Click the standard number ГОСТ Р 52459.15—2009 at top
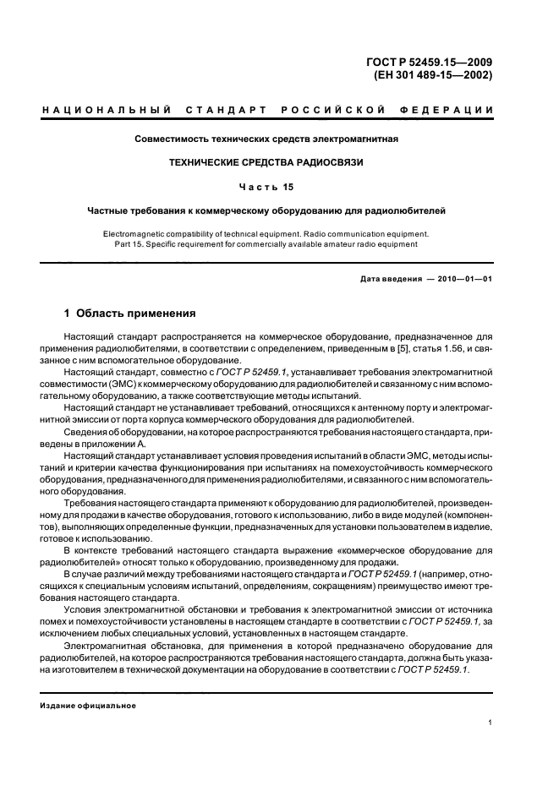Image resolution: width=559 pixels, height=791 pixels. click(432, 62)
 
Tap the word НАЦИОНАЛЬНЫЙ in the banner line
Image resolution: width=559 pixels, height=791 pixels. click(107, 111)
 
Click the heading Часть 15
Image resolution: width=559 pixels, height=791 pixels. click(266, 186)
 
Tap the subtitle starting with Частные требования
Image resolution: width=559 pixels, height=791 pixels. click(266, 210)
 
